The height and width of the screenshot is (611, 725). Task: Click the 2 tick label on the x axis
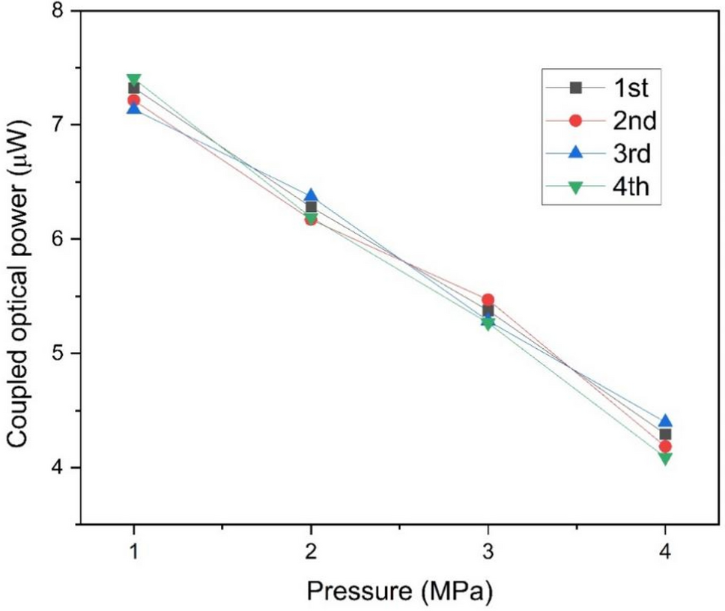click(311, 552)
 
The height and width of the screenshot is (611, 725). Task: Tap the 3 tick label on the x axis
click(488, 552)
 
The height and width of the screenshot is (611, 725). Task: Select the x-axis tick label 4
click(665, 552)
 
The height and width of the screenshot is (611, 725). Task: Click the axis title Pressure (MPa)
click(399, 592)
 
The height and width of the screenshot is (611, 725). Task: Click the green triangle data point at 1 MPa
click(133, 79)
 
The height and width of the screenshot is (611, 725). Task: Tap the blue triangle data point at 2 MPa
click(311, 195)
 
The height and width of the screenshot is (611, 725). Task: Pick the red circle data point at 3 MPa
click(488, 300)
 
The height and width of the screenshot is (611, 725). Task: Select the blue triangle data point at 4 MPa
click(665, 421)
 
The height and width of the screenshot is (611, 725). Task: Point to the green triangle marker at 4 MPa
click(665, 458)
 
